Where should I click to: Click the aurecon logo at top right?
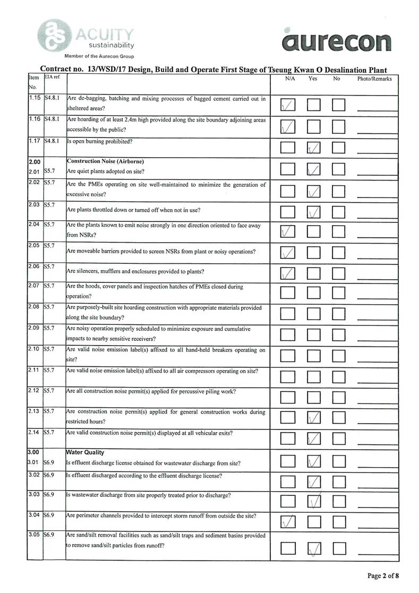(x=337, y=41)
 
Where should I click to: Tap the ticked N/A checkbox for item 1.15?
(x=287, y=105)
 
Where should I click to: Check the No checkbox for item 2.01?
(x=339, y=169)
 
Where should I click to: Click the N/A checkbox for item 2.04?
(x=287, y=231)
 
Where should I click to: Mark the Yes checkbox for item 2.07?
(x=314, y=293)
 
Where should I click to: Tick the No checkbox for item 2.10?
(x=339, y=355)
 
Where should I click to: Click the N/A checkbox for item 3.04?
(x=287, y=522)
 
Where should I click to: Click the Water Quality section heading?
(x=85, y=452)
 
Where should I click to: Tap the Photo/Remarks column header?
(x=375, y=79)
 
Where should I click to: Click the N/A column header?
(x=290, y=79)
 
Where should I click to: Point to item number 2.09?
(x=34, y=329)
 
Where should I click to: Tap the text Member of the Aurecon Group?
(x=99, y=56)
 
